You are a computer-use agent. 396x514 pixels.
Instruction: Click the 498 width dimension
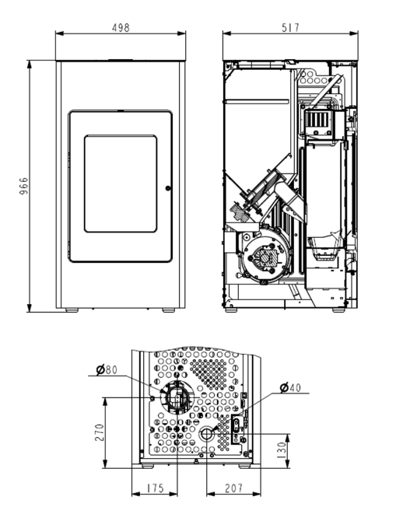coord(121,28)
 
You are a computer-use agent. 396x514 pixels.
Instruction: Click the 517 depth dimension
coord(291,27)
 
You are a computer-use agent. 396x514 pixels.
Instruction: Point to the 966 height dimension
coord(23,186)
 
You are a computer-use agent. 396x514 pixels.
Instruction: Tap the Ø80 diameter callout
coord(107,370)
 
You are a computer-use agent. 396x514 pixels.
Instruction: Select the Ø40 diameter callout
coord(290,387)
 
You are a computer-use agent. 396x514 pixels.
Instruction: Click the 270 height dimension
coord(100,432)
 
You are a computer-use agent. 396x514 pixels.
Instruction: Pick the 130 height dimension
coord(282,451)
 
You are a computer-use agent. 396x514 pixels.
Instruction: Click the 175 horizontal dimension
coord(155,488)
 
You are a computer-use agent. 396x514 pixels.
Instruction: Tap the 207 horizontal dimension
coord(233,488)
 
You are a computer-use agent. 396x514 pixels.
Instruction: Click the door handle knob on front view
coord(168,188)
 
